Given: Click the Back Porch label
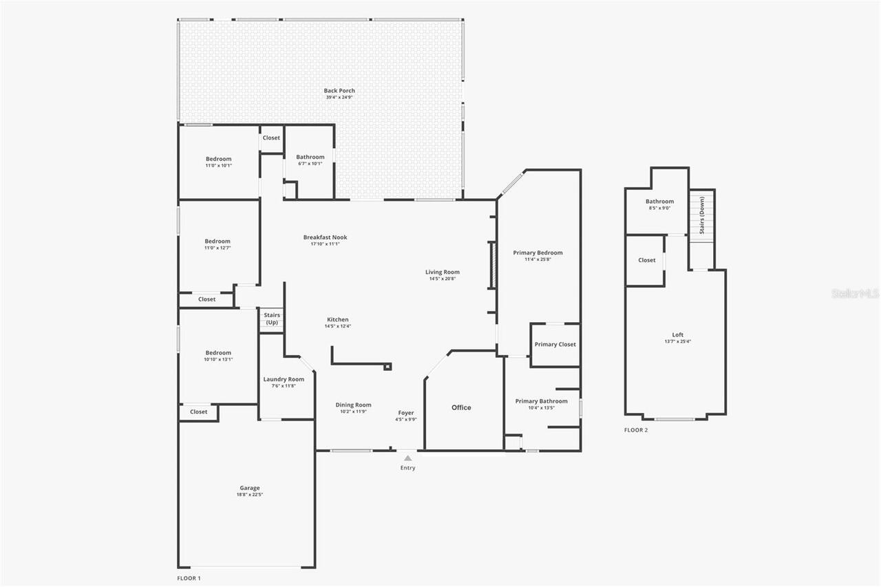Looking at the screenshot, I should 339,91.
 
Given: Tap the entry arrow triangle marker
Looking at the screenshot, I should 407,458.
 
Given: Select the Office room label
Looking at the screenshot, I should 461,407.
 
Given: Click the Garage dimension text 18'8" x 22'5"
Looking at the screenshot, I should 250,494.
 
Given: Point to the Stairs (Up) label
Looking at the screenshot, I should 271,319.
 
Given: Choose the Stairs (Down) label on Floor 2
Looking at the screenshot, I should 701,215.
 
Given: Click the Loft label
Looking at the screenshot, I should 678,335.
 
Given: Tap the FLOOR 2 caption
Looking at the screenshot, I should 636,430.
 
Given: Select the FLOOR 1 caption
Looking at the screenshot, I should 189,578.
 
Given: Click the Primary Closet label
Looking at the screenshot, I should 555,344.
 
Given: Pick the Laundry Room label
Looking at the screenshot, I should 284,379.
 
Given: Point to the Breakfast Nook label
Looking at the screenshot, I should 326,237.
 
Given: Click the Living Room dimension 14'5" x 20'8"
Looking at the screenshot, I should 442,279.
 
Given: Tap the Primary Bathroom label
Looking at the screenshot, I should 542,401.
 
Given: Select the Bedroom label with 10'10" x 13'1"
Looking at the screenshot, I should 218,353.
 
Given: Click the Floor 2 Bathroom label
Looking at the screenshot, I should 659,202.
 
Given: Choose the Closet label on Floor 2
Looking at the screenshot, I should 647,260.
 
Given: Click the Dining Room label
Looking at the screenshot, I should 353,405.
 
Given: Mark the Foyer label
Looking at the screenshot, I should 406,413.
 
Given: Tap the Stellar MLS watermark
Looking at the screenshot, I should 856,294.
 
